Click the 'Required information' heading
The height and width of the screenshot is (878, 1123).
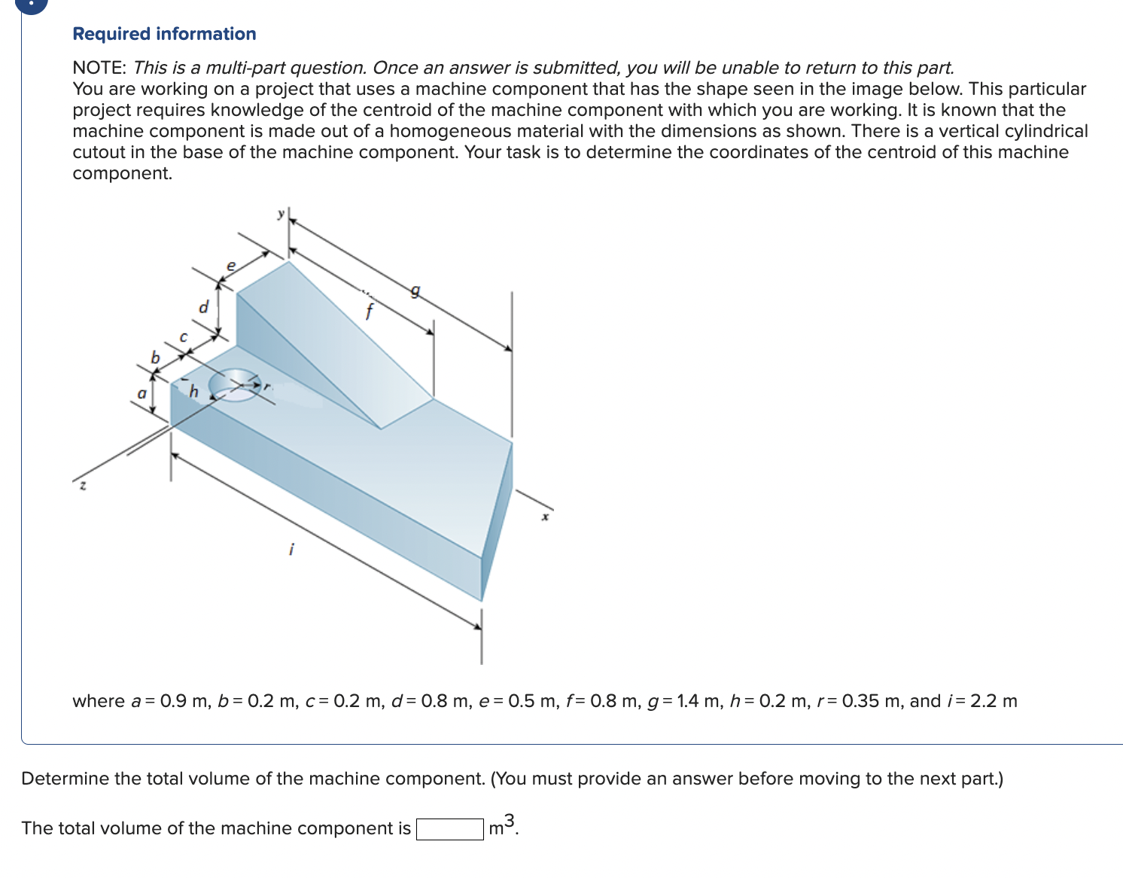coord(164,34)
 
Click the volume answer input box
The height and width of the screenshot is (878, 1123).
coord(450,829)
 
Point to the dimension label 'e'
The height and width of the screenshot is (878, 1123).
coord(231,266)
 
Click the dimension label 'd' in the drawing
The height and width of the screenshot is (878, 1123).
coord(202,307)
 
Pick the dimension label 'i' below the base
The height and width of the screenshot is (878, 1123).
coord(291,550)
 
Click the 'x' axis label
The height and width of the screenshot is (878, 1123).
coord(546,517)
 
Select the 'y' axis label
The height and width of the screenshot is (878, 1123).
coord(281,214)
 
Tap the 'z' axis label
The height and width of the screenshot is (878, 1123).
coord(83,486)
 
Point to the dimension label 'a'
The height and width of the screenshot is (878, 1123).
coord(141,393)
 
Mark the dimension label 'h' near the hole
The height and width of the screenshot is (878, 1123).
coord(193,391)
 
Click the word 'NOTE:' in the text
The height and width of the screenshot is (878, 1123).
coord(99,68)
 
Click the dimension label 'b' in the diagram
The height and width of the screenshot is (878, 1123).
coord(156,358)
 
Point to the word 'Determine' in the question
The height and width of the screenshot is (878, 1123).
coord(65,779)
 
